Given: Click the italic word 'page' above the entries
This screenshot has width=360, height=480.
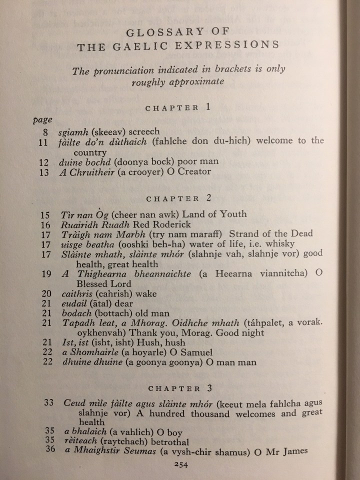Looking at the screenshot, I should coord(40,120).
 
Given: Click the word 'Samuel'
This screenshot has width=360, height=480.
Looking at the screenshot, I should coord(197,352).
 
